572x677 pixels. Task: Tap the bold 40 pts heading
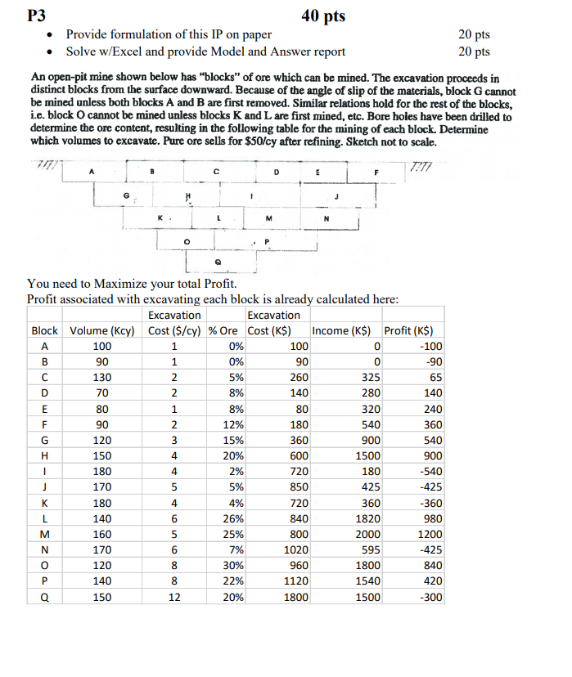322,16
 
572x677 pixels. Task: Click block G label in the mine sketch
125,197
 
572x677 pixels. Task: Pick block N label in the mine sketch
326,219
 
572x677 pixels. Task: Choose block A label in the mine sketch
91,172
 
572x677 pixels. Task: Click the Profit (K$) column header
413,330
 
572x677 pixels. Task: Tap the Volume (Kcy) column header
102,330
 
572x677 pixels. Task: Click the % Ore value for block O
232,566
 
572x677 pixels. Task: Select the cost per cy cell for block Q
173,597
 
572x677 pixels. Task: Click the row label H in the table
44,455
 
